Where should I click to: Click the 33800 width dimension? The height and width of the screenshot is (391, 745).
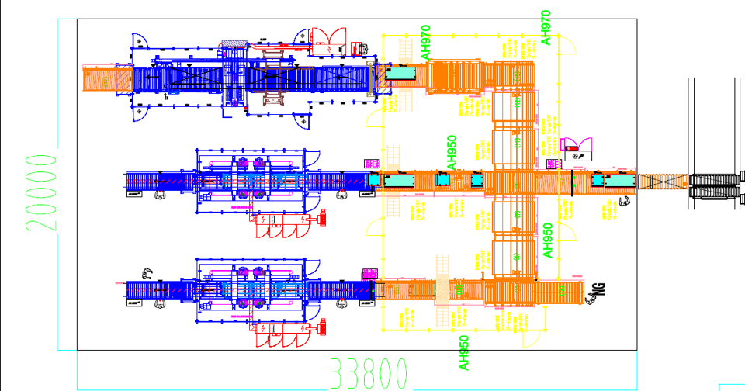[369, 374]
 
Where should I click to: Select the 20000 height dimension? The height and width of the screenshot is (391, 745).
[40, 192]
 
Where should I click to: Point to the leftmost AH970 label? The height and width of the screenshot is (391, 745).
[425, 43]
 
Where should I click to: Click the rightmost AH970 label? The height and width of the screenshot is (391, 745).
[546, 26]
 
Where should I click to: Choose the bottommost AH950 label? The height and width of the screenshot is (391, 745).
[463, 353]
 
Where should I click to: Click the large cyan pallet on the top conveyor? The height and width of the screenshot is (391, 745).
[404, 74]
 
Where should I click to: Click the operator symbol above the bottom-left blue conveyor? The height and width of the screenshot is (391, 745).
[146, 272]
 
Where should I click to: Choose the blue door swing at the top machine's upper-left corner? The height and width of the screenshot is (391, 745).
[138, 39]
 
